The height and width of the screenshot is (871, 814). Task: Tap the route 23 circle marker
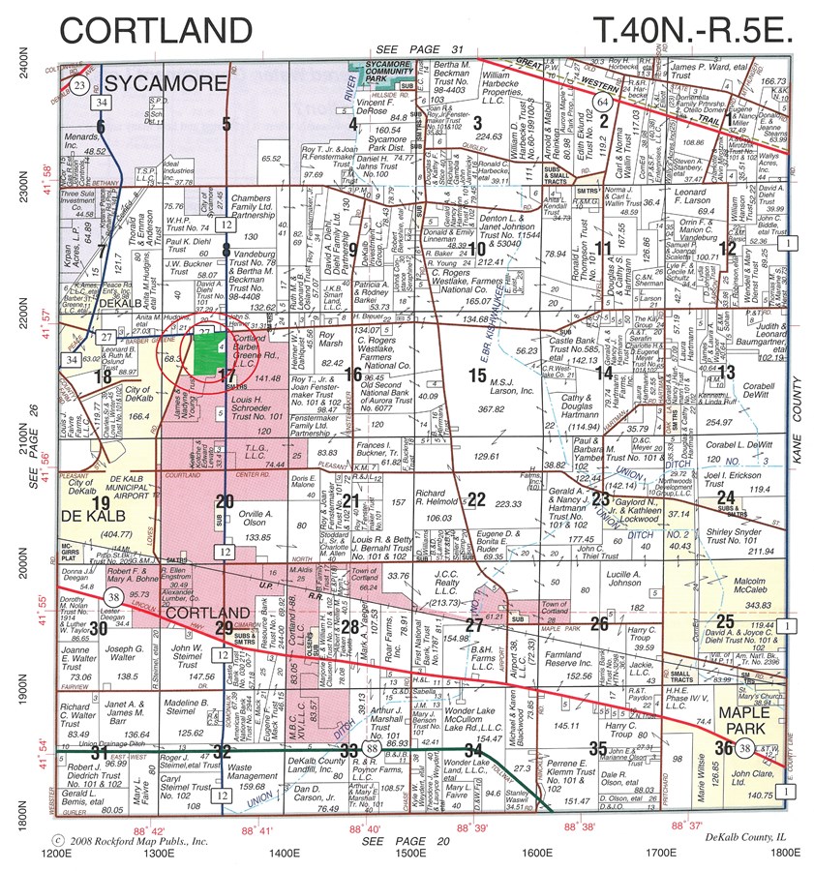pyautogui.click(x=79, y=87)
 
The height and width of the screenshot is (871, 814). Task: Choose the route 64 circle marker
pyautogui.click(x=603, y=101)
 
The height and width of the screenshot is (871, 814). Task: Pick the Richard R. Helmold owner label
pyautogui.click(x=439, y=497)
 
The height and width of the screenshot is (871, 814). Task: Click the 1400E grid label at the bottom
pyautogui.click(x=284, y=854)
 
